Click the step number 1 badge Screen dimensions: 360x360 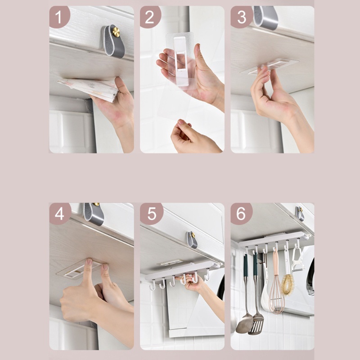click(x=59, y=17)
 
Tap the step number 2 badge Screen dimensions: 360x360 click(x=150, y=17)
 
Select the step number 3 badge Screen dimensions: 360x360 click(x=242, y=17)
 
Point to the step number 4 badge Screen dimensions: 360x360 click(x=59, y=214)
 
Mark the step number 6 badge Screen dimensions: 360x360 click(x=242, y=214)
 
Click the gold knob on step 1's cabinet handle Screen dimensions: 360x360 click(x=116, y=32)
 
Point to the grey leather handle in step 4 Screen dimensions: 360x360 click(x=94, y=214)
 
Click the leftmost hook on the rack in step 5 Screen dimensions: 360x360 click(x=152, y=285)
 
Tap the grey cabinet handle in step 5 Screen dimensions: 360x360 click(x=192, y=240)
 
